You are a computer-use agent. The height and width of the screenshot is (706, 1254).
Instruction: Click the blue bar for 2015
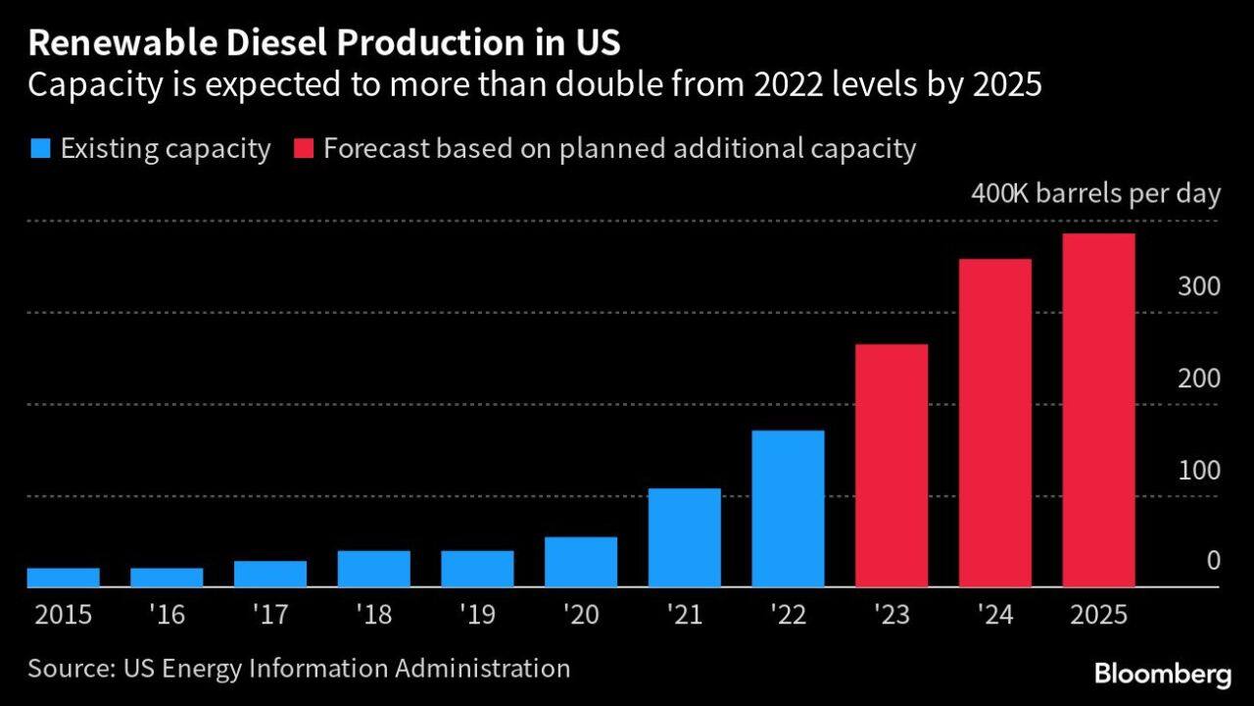[x=64, y=578]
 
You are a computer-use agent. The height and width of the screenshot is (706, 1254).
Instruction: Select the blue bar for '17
[x=270, y=574]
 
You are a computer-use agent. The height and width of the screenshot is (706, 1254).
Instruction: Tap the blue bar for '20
[x=581, y=562]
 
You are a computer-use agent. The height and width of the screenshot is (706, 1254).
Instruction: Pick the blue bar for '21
[x=685, y=537]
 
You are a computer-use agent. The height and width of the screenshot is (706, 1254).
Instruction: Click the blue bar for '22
[x=788, y=508]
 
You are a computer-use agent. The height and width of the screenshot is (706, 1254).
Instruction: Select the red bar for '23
[x=892, y=466]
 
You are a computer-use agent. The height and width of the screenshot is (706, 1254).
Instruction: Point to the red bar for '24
[x=995, y=423]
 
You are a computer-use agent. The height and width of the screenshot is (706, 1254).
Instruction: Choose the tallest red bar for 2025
[x=1098, y=410]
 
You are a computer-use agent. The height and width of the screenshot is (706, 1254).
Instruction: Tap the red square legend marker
[x=302, y=150]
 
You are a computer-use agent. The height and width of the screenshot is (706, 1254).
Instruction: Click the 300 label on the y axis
[x=1199, y=287]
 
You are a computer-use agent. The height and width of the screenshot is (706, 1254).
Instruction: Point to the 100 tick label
[x=1199, y=471]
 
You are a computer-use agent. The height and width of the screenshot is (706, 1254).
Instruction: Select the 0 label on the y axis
[x=1213, y=561]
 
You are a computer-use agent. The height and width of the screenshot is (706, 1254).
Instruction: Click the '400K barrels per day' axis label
[x=1095, y=194]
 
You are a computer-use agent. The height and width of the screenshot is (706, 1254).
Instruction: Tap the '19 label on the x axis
[x=477, y=616]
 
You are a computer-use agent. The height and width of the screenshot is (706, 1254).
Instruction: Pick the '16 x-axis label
[x=168, y=616]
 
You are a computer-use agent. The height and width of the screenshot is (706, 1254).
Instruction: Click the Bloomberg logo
[x=1162, y=675]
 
